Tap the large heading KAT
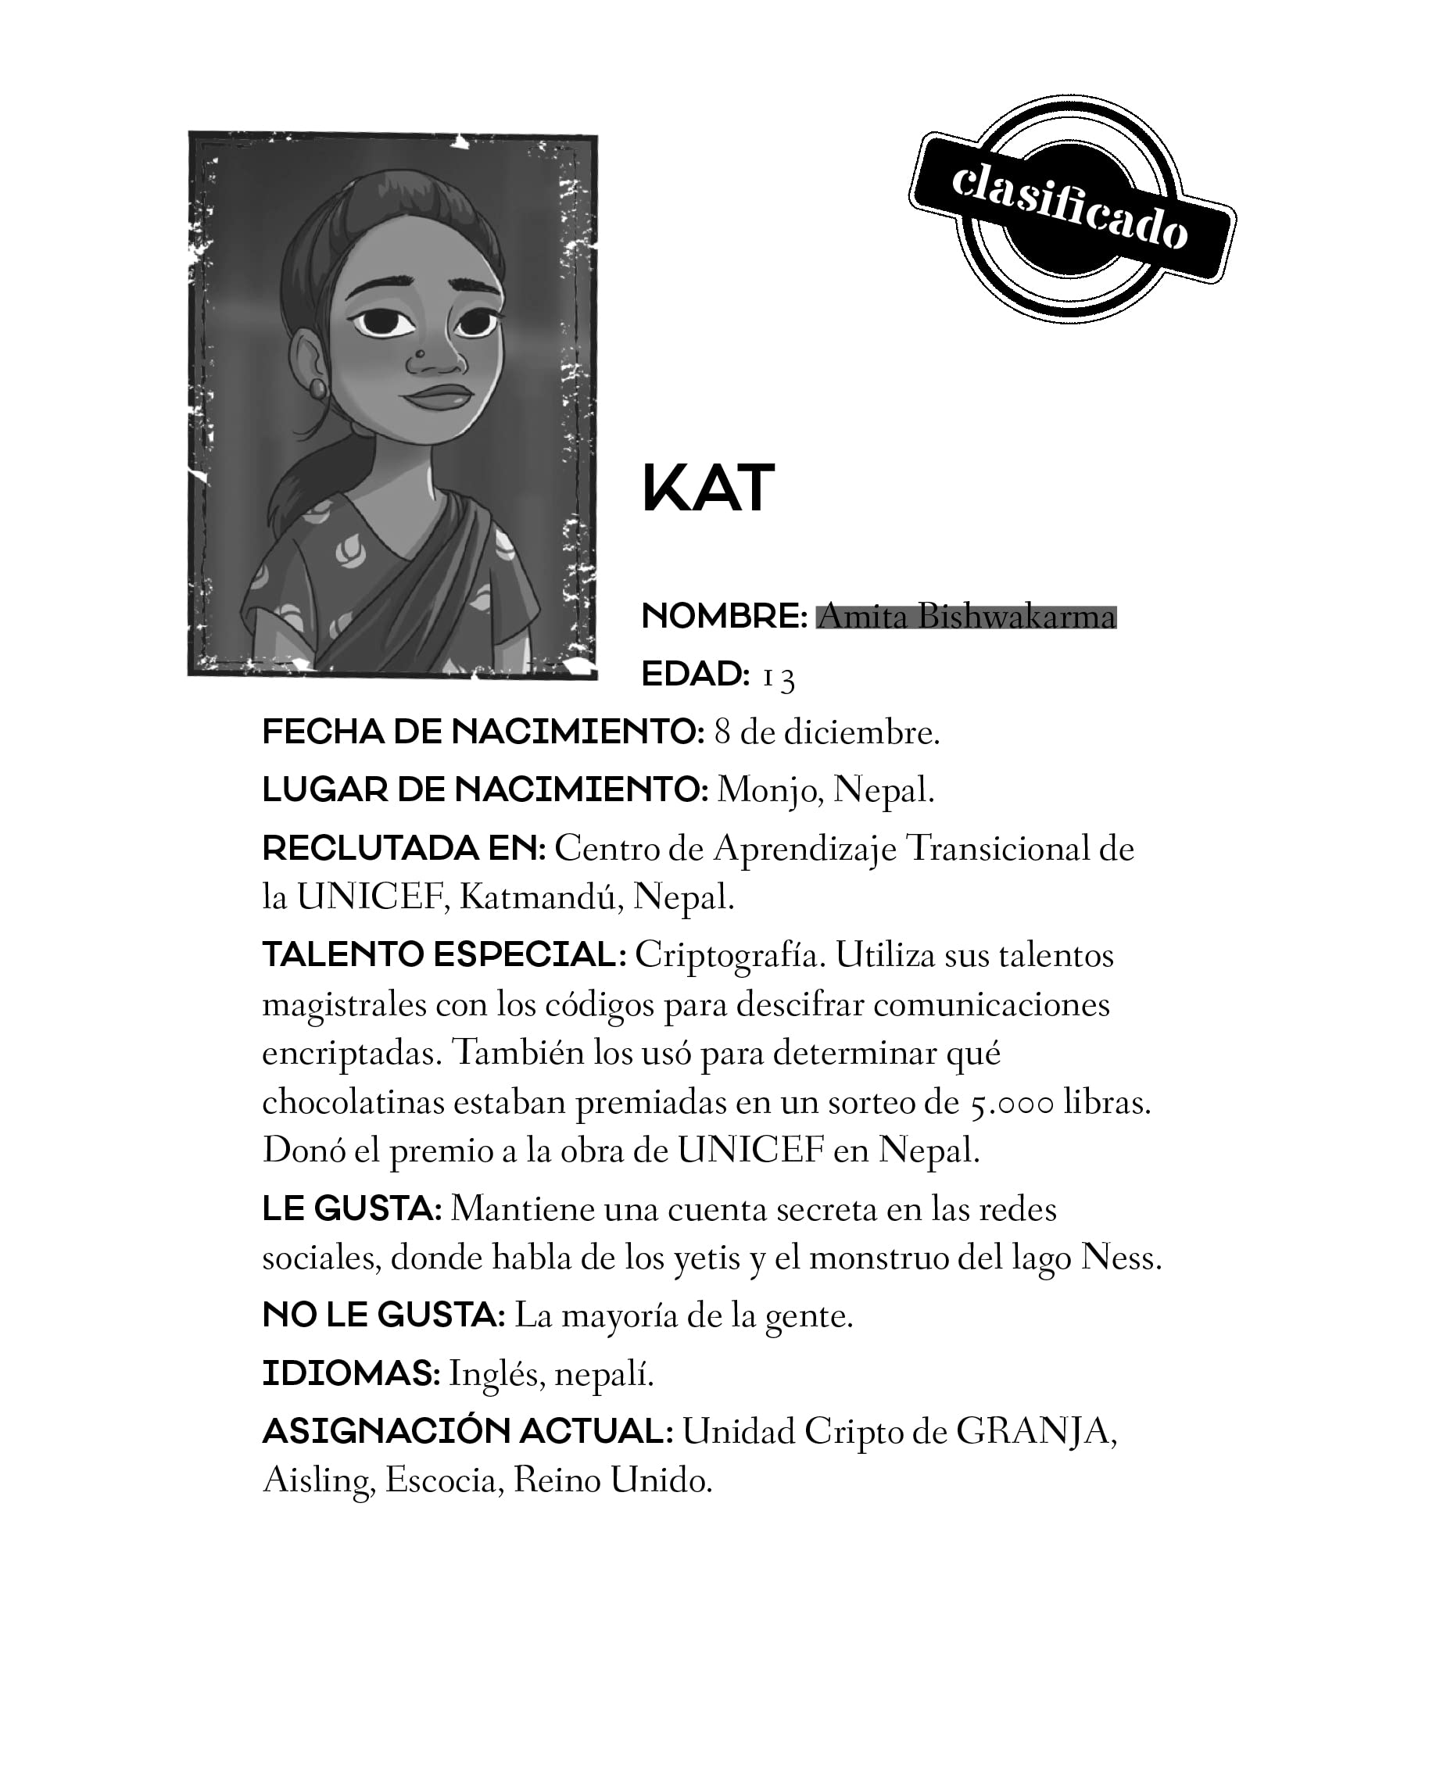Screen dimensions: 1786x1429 (707, 489)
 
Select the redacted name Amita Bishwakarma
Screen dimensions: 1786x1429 (966, 617)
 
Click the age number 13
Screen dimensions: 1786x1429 (778, 677)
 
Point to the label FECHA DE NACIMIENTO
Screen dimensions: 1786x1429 (483, 732)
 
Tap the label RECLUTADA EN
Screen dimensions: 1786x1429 (403, 848)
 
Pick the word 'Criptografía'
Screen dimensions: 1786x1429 (731, 955)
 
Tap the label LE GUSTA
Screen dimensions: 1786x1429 (351, 1209)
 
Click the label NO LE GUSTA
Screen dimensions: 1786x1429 (384, 1315)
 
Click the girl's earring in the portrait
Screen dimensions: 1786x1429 (318, 388)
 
